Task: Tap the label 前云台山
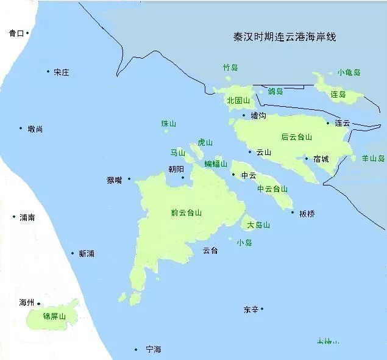point(186,213)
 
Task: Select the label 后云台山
point(296,137)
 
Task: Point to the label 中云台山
point(272,189)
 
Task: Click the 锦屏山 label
point(54,317)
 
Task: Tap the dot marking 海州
point(38,303)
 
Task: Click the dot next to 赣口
point(27,32)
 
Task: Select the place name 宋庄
point(61,73)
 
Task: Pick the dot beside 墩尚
point(21,128)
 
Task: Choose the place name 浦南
point(27,217)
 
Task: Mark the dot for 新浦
point(73,253)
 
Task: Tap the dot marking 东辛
point(262,309)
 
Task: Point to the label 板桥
point(307,214)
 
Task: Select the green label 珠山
point(168,124)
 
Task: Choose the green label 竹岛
point(230,68)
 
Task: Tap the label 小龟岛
point(349,72)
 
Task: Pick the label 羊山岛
point(373,158)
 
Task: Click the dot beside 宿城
point(307,159)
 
